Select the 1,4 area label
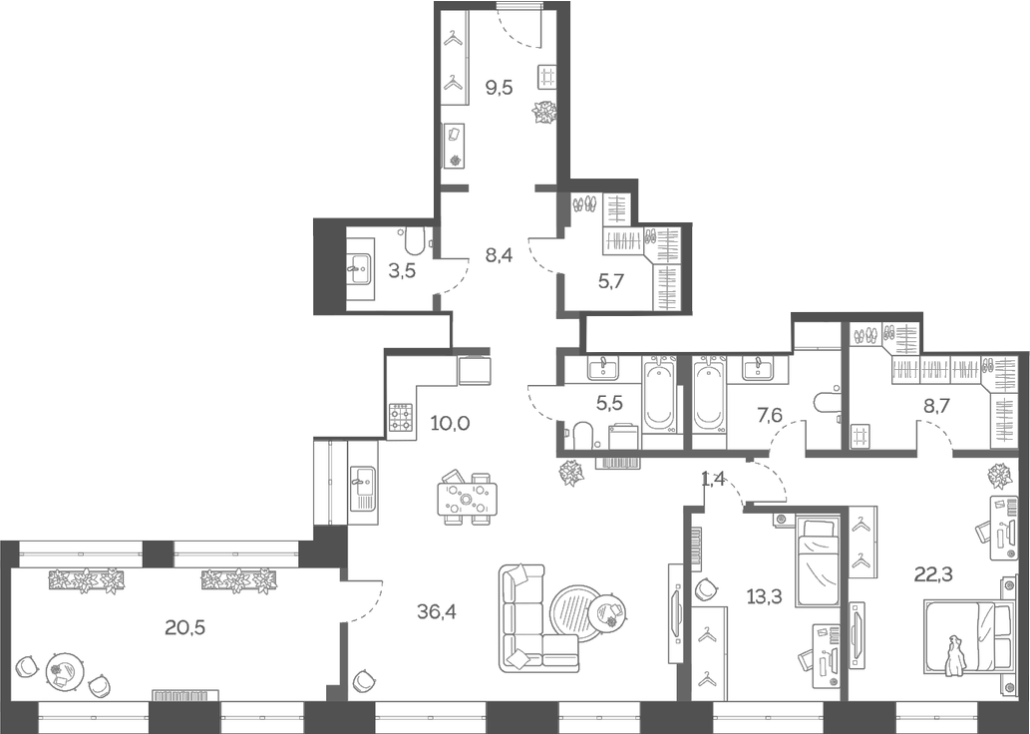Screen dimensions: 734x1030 coord(713,480)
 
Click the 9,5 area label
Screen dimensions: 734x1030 coord(499,87)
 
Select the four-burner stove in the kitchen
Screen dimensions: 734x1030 coord(401,417)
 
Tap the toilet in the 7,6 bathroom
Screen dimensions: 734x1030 coord(829,403)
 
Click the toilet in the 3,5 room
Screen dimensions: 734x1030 coord(416,238)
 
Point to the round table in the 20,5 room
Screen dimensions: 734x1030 coord(65,670)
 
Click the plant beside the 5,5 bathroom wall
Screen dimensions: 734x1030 coord(572,473)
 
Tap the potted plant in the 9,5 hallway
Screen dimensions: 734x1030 coord(544,112)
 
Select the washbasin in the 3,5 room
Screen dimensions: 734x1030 coord(359,264)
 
